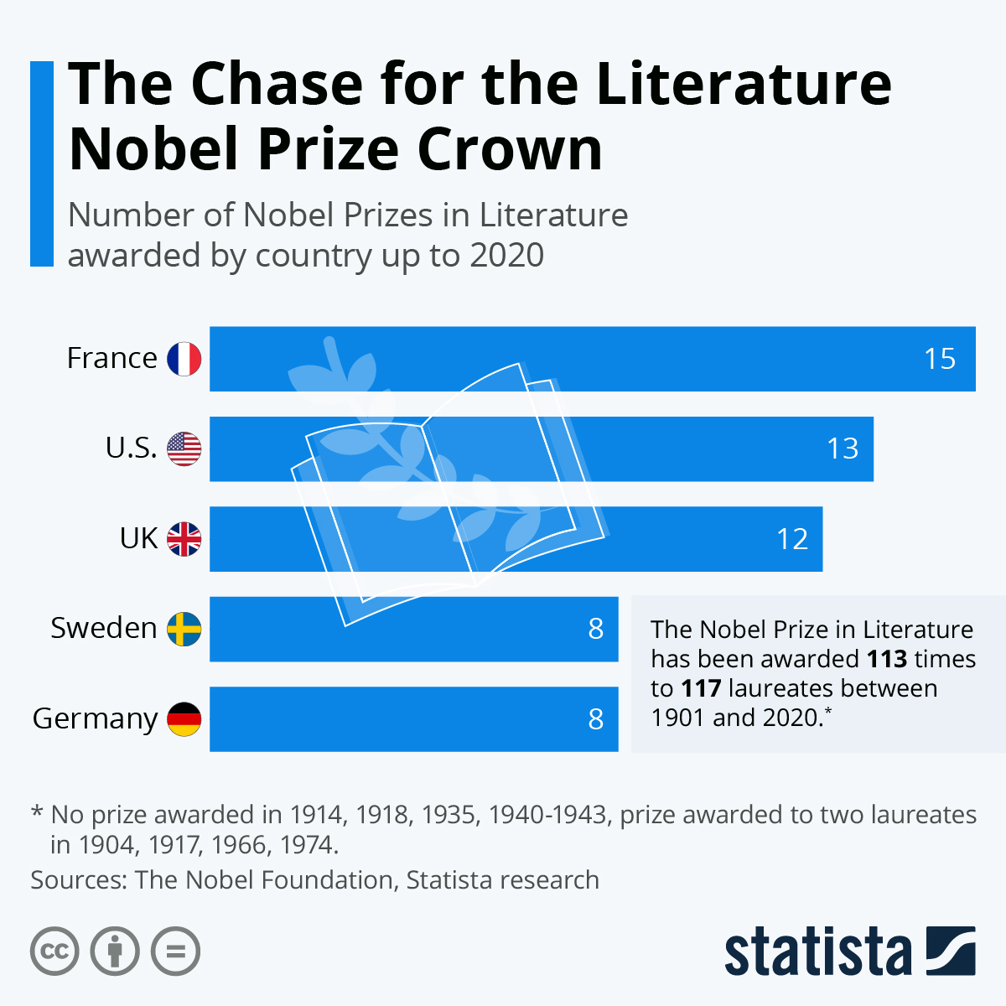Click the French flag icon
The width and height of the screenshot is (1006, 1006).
coord(184,359)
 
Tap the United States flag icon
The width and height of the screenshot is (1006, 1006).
coord(184,449)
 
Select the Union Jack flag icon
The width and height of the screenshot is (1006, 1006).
coord(184,539)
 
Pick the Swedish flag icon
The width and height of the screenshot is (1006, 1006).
coord(184,629)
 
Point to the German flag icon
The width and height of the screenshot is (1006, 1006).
coord(184,719)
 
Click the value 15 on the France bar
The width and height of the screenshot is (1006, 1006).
coord(940,359)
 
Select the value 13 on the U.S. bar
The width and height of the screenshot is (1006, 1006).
coord(843,449)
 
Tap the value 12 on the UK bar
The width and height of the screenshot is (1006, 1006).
coord(792,539)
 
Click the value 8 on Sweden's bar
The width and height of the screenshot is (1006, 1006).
coord(596,629)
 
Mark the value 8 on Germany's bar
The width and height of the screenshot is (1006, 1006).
coord(596,719)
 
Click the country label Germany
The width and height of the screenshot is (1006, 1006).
coord(95,719)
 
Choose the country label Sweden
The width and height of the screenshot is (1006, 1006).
coord(104,629)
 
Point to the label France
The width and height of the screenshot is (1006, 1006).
coord(111,359)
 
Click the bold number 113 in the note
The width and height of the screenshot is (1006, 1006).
coord(887,659)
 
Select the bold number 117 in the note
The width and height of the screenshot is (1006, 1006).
coord(701,688)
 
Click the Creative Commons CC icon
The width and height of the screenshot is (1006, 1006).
coord(54,952)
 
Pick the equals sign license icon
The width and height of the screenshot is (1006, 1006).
coord(176,952)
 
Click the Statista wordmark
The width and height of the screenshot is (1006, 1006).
coord(817,952)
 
